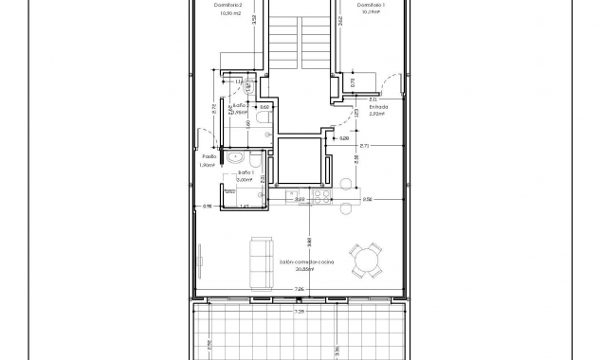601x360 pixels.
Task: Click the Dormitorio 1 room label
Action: click(x=371, y=5)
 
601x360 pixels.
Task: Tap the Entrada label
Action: click(x=378, y=108)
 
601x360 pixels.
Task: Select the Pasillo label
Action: click(x=209, y=156)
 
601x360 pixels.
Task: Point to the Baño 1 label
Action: click(x=246, y=173)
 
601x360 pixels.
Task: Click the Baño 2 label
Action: click(x=240, y=105)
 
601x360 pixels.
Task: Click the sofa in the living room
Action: click(x=258, y=262)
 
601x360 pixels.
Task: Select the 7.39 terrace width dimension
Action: click(x=299, y=310)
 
